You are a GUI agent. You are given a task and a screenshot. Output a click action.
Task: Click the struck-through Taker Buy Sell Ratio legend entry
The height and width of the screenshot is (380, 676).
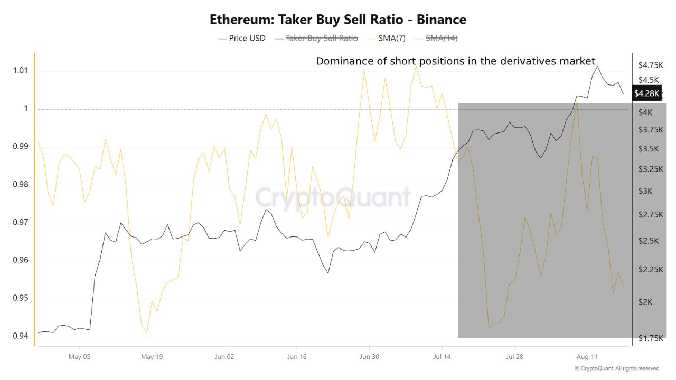click(322, 38)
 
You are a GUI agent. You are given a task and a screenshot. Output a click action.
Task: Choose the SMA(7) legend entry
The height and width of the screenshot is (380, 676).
click(391, 38)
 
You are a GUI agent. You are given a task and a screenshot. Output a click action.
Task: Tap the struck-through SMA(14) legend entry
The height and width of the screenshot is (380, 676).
click(442, 38)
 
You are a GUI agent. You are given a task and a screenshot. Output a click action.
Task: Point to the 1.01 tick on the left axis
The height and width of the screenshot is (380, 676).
click(20, 71)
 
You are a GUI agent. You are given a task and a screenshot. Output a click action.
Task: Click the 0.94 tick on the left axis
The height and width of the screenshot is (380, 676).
click(20, 336)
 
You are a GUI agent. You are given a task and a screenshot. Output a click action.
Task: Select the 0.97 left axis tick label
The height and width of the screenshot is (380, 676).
click(20, 222)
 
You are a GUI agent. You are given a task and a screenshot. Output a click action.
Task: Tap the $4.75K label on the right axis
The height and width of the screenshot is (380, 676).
click(651, 65)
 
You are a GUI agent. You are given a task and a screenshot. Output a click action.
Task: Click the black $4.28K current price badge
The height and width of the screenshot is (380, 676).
click(647, 93)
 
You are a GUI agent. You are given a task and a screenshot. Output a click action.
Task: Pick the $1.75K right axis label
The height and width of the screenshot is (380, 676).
click(651, 338)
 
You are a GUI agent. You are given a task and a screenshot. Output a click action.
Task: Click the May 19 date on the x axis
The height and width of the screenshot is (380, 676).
click(152, 357)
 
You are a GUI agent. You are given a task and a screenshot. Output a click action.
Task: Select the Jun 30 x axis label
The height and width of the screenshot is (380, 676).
click(369, 357)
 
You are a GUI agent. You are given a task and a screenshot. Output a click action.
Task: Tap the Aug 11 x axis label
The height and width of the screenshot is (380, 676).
click(587, 357)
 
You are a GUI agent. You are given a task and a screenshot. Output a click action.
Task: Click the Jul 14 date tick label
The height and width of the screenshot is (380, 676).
click(442, 357)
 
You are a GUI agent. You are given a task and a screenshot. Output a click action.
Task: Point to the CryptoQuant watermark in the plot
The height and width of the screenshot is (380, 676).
click(333, 197)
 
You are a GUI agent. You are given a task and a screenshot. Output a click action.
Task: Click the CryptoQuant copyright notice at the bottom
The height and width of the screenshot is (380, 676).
click(617, 368)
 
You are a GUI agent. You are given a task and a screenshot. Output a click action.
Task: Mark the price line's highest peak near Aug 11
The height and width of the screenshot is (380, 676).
click(597, 66)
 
